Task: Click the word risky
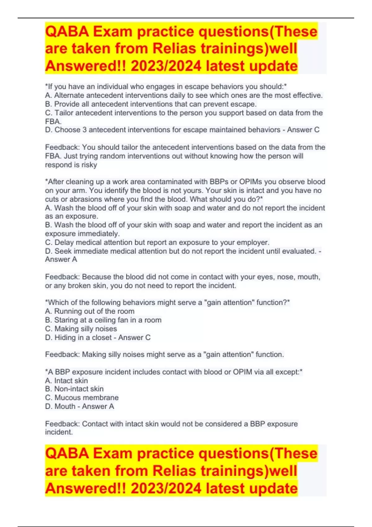pyautogui.click(x=89, y=165)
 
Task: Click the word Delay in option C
pyautogui.click(x=64, y=242)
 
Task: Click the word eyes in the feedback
pyautogui.click(x=265, y=277)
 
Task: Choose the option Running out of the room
pyautogui.click(x=94, y=311)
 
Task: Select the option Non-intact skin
pyautogui.click(x=79, y=389)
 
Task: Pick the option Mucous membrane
pyautogui.click(x=86, y=398)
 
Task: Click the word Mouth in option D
pyautogui.click(x=65, y=406)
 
